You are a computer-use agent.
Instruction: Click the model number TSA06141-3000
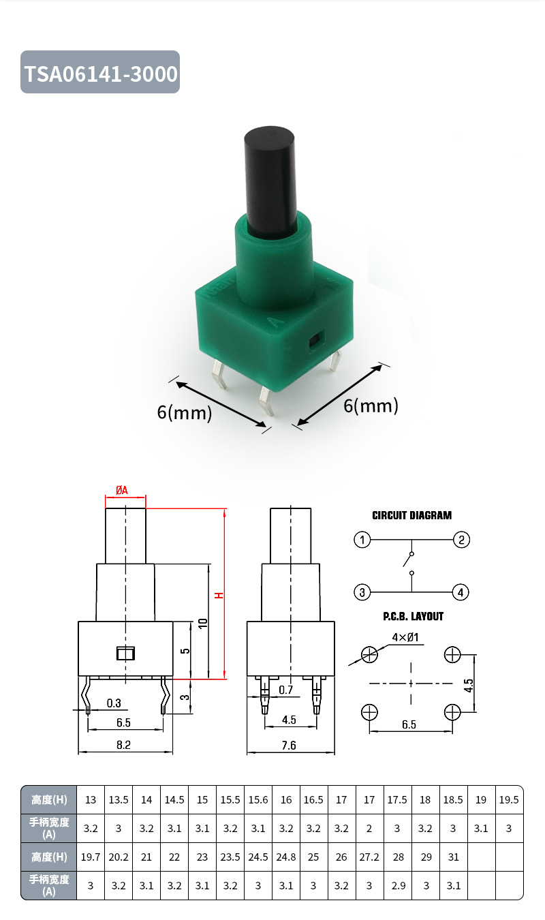point(101,73)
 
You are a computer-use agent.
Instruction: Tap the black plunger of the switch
point(270,177)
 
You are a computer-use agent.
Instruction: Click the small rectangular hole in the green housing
point(315,341)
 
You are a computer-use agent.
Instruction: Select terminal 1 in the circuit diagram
point(362,540)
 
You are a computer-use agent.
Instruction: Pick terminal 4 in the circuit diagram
point(461,592)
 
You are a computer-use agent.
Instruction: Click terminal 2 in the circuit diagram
point(461,540)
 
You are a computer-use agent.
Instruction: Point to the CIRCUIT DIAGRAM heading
point(411,515)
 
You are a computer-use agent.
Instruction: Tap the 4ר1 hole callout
point(405,638)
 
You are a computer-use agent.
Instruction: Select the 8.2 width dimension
point(123,746)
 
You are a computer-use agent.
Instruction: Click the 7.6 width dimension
point(289,746)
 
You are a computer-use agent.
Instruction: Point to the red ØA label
point(122,490)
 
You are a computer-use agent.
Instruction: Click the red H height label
point(219,595)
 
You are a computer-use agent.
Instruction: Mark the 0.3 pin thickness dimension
point(114,703)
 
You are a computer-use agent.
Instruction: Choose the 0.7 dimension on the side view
point(287,690)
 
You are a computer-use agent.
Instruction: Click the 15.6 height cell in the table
point(258,799)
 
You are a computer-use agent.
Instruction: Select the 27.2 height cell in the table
point(369,857)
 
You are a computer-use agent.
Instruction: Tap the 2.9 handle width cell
point(397,885)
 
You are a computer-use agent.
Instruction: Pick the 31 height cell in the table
point(453,857)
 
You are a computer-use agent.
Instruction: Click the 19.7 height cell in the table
point(91,857)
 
